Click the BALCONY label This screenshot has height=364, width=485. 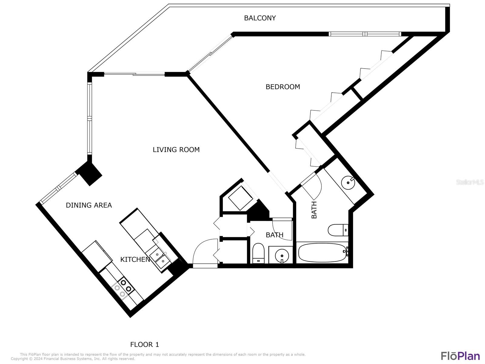(x=259, y=18)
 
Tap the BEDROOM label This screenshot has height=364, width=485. (x=283, y=87)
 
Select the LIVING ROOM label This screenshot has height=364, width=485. (x=176, y=150)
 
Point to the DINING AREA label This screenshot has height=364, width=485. (x=89, y=205)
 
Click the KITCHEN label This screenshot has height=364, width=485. (x=135, y=259)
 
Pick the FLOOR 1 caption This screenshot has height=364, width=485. (x=145, y=344)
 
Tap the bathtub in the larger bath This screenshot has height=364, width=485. (x=323, y=252)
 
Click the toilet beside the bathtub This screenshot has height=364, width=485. (x=338, y=230)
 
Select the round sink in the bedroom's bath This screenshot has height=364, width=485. (x=348, y=183)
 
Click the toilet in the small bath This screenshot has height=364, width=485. (x=258, y=253)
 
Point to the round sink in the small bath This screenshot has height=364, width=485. (x=282, y=256)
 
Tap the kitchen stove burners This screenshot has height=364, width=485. (x=123, y=288)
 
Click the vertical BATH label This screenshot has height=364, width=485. (x=314, y=210)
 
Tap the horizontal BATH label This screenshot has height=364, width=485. (x=274, y=235)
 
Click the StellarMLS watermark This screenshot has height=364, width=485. (x=470, y=182)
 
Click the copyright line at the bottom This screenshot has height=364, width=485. (x=73, y=359)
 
